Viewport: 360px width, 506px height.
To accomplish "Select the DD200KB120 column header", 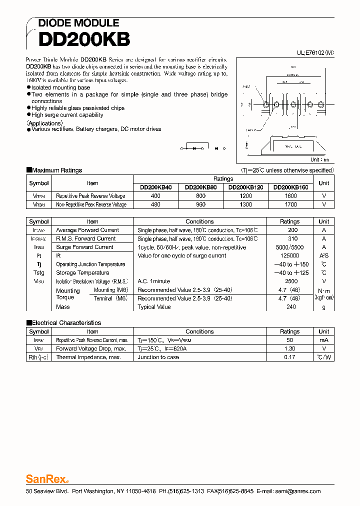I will pyautogui.click(x=245, y=187).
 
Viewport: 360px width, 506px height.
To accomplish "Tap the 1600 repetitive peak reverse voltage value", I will pyautogui.click(x=290, y=196).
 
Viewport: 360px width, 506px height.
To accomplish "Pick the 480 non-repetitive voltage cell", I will pyautogui.click(x=155, y=204).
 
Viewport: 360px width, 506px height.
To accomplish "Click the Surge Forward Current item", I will pyautogui.click(x=84, y=247).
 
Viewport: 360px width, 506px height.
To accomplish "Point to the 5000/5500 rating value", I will pyautogui.click(x=289, y=247).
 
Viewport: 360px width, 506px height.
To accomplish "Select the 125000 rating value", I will pyautogui.click(x=289, y=255).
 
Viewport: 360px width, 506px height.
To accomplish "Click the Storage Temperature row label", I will pyautogui.click(x=82, y=272).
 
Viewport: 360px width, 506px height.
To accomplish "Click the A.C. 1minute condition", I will pyautogui.click(x=153, y=281).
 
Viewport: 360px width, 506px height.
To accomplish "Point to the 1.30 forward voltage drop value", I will pyautogui.click(x=289, y=348).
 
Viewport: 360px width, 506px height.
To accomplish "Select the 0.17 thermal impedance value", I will pyautogui.click(x=289, y=357).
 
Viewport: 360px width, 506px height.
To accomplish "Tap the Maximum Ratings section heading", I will pyautogui.click(x=56, y=170).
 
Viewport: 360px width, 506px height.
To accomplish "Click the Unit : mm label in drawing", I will pyautogui.click(x=319, y=160).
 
